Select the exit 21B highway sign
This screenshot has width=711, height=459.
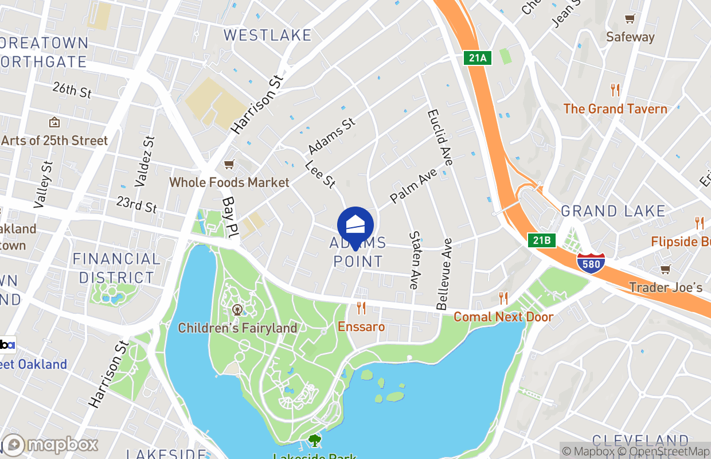(542, 240)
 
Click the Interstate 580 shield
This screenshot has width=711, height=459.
(591, 263)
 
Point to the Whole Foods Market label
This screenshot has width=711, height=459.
(229, 182)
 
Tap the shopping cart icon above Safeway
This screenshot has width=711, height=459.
(630, 19)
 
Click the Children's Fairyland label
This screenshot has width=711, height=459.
(237, 328)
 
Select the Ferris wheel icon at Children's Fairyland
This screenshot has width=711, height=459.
(237, 310)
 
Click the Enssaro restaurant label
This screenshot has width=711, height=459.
(361, 326)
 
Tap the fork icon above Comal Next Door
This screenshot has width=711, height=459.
(503, 298)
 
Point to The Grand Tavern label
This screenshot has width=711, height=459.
(615, 108)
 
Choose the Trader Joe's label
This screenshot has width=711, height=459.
(666, 287)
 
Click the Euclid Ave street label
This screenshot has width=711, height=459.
(440, 138)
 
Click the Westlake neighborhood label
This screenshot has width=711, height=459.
(267, 35)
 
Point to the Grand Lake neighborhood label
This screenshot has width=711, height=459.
(613, 211)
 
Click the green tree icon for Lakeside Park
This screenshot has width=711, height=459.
(314, 441)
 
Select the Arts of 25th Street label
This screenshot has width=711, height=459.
(54, 141)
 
